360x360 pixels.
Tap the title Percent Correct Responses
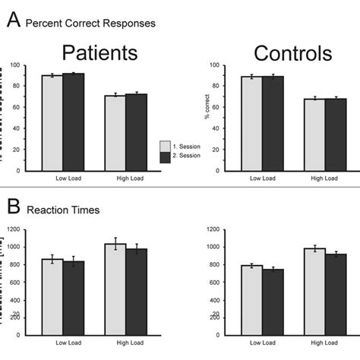point(91,23)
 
